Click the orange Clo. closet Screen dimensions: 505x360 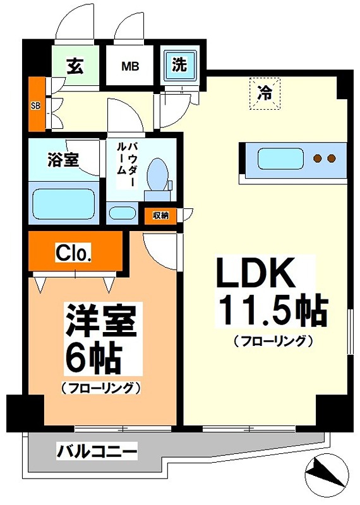tap(75, 253)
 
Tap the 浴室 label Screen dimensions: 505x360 tap(63, 160)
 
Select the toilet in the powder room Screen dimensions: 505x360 tap(157, 174)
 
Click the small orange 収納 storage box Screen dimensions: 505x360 tap(160, 215)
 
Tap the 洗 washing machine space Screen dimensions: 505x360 tap(180, 64)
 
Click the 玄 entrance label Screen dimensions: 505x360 tap(76, 65)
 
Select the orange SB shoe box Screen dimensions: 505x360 tap(36, 105)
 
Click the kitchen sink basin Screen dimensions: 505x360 tap(279, 158)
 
